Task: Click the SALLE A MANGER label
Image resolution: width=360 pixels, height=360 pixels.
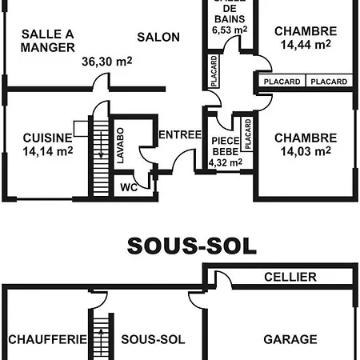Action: [48, 41]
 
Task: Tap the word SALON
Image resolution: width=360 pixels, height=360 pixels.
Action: [158, 37]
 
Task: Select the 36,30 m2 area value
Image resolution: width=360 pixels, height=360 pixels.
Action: [107, 62]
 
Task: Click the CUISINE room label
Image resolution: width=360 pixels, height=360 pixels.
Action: [48, 138]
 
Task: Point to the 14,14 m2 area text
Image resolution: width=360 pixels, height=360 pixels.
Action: [48, 151]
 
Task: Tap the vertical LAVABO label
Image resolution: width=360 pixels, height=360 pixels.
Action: [121, 146]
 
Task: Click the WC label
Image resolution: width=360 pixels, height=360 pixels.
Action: [129, 187]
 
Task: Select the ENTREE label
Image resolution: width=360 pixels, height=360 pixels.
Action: [180, 134]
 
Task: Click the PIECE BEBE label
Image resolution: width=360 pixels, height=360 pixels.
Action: [226, 146]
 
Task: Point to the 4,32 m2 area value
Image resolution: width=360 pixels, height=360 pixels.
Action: [226, 162]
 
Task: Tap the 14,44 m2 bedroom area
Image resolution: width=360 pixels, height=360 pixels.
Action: [306, 45]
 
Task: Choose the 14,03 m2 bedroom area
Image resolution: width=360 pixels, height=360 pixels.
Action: [306, 151]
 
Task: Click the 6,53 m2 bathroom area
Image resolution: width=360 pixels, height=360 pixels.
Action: [230, 30]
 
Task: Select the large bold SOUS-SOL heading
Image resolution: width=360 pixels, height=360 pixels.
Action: [192, 246]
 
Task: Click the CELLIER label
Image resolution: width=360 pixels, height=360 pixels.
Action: [290, 277]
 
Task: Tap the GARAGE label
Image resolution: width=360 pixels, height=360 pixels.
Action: [290, 339]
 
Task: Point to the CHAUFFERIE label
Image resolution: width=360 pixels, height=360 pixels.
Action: [47, 339]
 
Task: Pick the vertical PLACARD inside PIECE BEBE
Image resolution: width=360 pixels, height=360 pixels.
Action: [248, 134]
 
